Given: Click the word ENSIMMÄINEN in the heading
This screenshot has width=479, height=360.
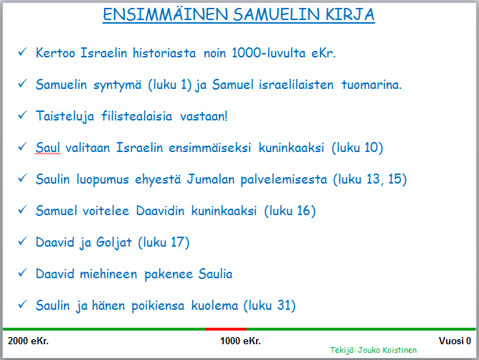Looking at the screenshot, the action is (x=165, y=14).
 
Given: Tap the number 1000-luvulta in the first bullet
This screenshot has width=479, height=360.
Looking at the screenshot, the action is (x=268, y=53).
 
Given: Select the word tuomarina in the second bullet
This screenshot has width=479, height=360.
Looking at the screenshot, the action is (x=371, y=85).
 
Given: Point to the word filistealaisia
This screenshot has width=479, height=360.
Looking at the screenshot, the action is (x=137, y=116).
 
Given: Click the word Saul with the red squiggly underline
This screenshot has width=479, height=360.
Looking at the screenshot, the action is (x=47, y=148).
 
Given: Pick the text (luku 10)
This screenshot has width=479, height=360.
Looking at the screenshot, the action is (x=357, y=148).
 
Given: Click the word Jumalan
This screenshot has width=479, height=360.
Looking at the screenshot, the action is (x=211, y=179).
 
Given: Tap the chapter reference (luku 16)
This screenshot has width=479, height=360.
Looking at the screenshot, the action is (x=290, y=211).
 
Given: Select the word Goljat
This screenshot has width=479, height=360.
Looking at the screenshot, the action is (x=114, y=242).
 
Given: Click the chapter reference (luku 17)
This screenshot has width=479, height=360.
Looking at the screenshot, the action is (x=163, y=242).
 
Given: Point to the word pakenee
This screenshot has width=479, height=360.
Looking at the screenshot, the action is (x=169, y=275).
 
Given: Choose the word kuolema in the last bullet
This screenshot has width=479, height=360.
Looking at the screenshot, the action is (x=214, y=305).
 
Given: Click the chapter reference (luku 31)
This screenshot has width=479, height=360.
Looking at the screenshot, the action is (x=270, y=305).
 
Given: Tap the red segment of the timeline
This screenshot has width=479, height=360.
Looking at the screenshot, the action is (x=226, y=329).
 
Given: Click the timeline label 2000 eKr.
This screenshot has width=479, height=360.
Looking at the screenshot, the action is (x=28, y=341).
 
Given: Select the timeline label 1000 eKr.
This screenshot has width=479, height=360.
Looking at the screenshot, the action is (x=240, y=341).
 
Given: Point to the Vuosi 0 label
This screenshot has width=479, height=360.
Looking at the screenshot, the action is (x=455, y=341).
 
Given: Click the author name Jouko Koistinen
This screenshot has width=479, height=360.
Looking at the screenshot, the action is (x=387, y=350).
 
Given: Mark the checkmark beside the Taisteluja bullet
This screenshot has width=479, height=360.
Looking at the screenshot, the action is (x=23, y=115).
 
